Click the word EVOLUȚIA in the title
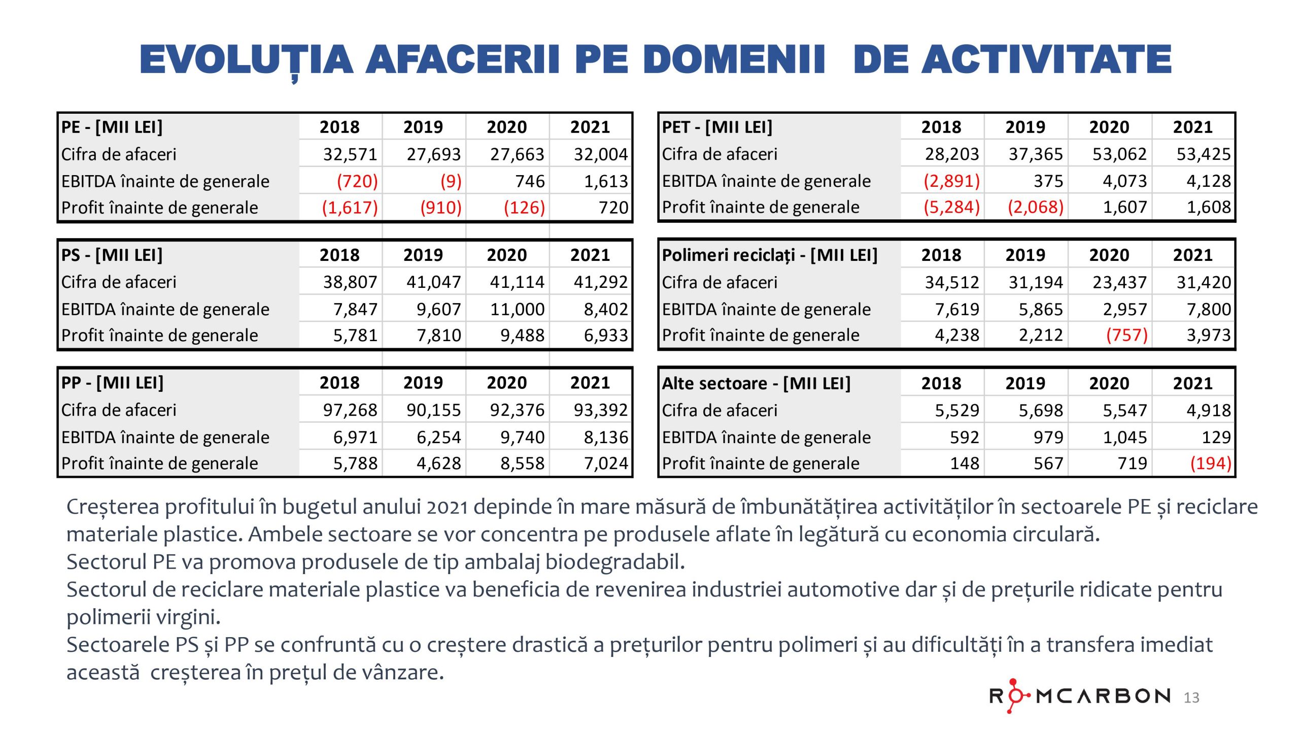click(x=246, y=60)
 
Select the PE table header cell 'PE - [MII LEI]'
click(x=112, y=127)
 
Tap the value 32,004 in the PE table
click(x=600, y=154)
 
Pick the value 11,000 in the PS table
click(x=517, y=309)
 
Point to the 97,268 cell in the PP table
click(x=350, y=410)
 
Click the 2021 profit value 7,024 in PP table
click(x=606, y=463)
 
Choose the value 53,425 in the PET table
click(x=1203, y=154)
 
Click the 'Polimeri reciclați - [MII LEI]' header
click(x=769, y=255)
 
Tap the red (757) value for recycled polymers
click(x=1126, y=336)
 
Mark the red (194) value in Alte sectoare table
click(x=1210, y=463)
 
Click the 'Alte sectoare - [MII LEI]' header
click(x=756, y=383)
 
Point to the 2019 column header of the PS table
click(x=423, y=255)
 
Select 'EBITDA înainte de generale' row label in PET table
click(x=766, y=181)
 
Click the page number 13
click(x=1191, y=698)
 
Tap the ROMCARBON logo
click(x=1080, y=696)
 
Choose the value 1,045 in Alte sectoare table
click(x=1124, y=438)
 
